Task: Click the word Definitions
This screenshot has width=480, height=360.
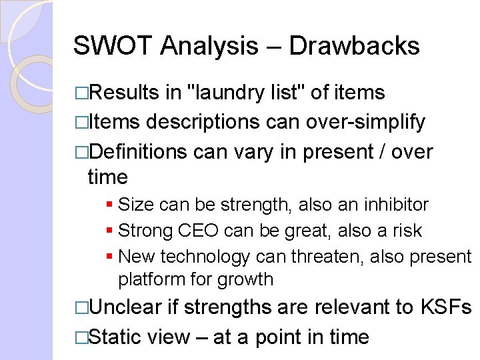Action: [x=137, y=152]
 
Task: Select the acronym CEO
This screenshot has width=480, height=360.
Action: [x=199, y=231]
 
